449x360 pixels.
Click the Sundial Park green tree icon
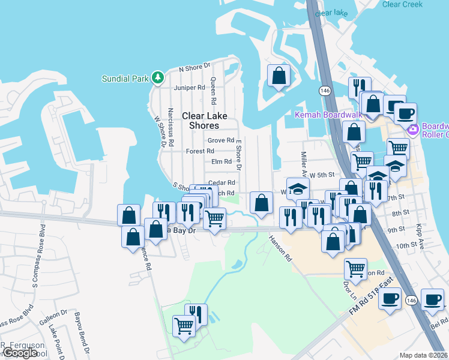click(x=157, y=77)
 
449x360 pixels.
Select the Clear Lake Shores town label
click(x=205, y=121)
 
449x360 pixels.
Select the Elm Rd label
click(x=221, y=161)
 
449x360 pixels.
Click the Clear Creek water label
click(x=402, y=4)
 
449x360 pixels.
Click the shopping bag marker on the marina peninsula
click(x=279, y=76)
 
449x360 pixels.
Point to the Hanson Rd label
click(x=280, y=248)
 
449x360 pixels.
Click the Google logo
click(x=19, y=353)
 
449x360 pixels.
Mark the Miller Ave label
click(x=304, y=164)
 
